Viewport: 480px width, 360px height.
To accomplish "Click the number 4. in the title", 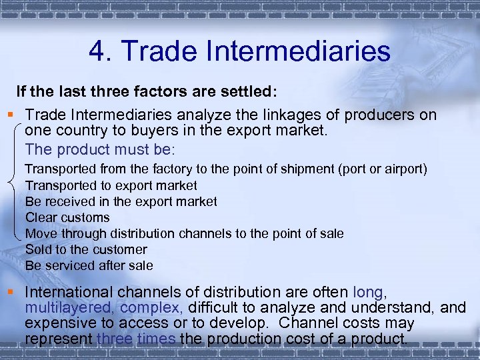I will [101, 51].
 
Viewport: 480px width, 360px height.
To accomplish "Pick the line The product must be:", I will [99, 148].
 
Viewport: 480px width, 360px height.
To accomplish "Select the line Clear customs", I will [67, 217].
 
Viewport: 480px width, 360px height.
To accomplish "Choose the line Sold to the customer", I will [86, 249].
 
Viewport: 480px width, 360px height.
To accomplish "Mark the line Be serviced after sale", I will [89, 265].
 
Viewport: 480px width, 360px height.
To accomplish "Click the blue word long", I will [369, 292].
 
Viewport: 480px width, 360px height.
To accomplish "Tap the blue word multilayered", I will [70, 307].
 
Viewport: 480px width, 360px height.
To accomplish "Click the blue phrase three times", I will [136, 338].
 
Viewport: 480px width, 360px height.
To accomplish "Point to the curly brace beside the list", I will [15, 180].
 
